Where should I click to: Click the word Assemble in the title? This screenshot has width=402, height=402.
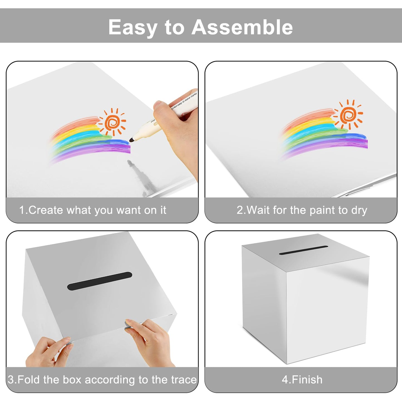coord(242,27)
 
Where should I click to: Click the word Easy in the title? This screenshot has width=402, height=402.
coord(132,28)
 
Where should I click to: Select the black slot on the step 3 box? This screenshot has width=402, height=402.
coord(99,281)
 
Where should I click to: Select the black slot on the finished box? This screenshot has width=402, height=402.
coord(304,250)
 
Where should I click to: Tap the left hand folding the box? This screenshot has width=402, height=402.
coord(47,352)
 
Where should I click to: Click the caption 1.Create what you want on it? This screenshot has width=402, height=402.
coord(93,210)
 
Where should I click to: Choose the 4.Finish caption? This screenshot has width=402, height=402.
coord(302,379)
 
